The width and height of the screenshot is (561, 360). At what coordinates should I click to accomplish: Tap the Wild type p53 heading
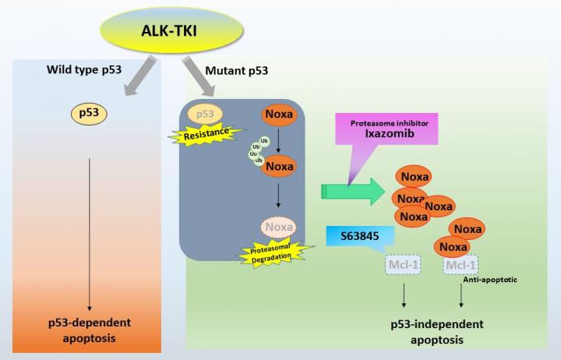83,72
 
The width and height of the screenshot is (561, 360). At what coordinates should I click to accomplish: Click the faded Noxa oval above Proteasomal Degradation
278,227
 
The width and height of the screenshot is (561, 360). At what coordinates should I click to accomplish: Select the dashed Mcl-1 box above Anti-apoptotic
460,266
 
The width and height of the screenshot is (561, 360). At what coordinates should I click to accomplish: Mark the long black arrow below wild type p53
91,234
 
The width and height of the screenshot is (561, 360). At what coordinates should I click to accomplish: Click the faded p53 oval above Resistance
205,115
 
